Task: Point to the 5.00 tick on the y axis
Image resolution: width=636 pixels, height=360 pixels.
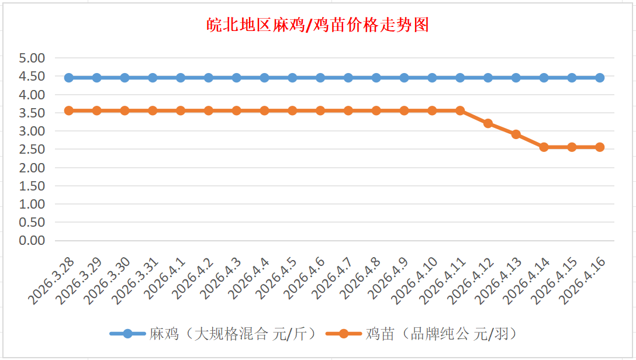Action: click(32, 58)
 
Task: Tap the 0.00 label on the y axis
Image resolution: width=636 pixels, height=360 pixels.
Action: click(32, 240)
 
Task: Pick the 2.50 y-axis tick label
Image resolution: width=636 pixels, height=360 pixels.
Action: click(32, 149)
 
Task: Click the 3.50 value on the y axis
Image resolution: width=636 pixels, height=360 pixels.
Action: click(32, 113)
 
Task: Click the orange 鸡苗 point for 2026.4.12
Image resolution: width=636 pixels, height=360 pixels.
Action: click(488, 123)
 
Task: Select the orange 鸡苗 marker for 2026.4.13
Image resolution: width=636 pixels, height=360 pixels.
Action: click(516, 134)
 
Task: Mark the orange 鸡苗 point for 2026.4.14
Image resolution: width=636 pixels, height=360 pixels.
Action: click(544, 147)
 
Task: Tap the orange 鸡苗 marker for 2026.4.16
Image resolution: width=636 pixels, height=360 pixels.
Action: click(600, 147)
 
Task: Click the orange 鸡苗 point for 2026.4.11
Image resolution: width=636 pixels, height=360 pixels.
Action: click(460, 110)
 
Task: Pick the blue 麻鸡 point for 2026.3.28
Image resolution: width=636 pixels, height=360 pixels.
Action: click(69, 78)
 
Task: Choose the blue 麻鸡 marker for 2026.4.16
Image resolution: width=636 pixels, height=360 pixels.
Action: click(600, 78)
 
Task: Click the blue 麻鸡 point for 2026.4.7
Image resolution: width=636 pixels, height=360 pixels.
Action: click(348, 78)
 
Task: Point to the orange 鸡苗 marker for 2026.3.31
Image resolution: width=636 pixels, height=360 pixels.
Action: click(153, 110)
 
